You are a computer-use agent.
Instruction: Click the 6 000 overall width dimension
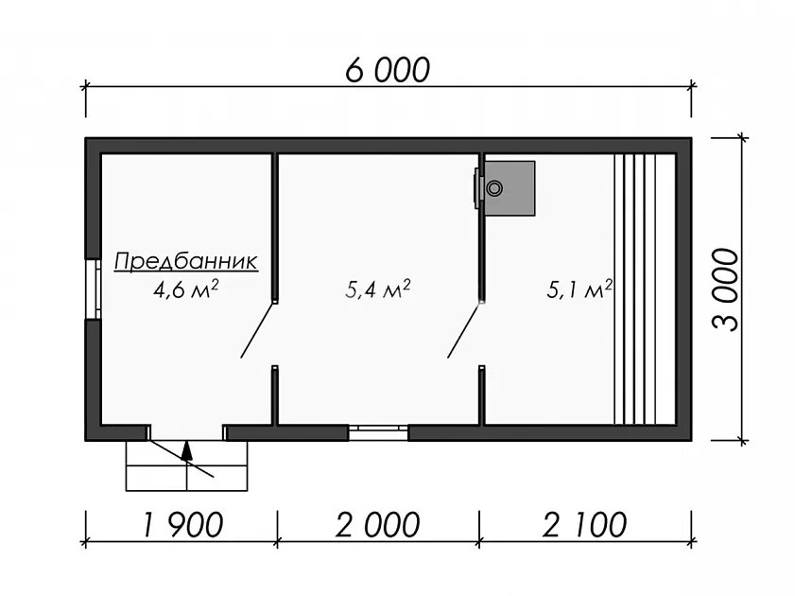pos(388,69)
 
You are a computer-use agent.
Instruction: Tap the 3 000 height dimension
pos(726,289)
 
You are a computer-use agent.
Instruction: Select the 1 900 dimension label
pos(183,524)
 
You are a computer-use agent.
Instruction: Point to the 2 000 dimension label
pos(378,524)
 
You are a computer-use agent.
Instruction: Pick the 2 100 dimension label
pos(584,524)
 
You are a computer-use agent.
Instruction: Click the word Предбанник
pos(186,262)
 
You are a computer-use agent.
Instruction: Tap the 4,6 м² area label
pos(185,289)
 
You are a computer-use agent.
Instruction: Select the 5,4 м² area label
pos(378,289)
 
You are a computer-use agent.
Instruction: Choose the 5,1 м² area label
pos(579,289)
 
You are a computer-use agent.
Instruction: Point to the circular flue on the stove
pos(493,188)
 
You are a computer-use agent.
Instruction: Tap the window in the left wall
pos(93,289)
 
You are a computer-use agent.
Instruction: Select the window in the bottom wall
pos(378,432)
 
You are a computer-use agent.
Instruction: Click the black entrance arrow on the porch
pos(187,450)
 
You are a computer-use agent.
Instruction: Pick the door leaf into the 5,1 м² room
pos(464,330)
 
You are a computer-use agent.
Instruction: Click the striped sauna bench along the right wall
pos(645,289)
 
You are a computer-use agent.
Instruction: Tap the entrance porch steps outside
pos(186,465)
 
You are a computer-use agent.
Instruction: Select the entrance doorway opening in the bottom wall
pos(186,432)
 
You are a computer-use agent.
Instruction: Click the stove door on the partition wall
pos(477,188)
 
